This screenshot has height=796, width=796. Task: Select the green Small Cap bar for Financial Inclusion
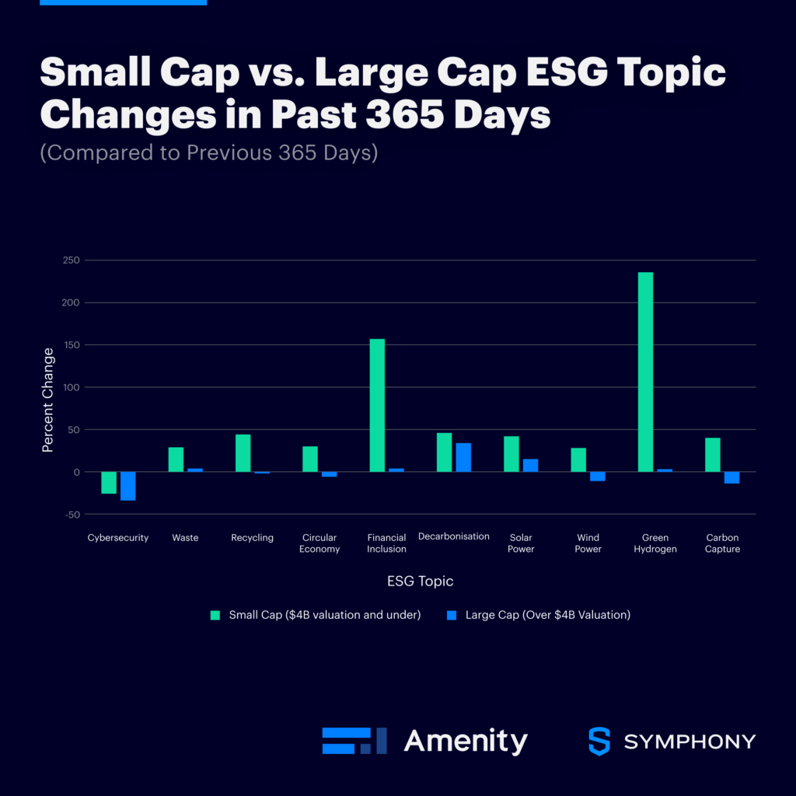point(377,405)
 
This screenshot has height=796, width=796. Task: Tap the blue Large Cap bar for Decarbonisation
point(463,457)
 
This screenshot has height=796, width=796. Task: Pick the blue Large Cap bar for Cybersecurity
point(127,486)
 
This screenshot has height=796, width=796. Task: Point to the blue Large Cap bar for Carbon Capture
point(731,477)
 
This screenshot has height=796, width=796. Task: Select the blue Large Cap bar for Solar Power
point(530,465)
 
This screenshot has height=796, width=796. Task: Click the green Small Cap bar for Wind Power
point(578,459)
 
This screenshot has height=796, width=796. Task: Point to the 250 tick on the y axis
point(70,260)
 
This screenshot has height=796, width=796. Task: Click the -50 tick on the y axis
point(72,515)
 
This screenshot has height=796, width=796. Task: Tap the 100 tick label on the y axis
point(72,387)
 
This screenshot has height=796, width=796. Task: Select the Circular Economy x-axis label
point(319,543)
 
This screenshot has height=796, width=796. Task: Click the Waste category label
point(185,538)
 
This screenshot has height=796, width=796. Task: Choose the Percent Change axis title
point(48,400)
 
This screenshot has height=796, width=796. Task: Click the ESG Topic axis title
point(420,581)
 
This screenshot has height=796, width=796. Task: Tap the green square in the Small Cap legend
point(216,615)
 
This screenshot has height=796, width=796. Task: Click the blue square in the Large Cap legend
point(452,615)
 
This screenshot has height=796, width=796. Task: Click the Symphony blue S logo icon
point(599,742)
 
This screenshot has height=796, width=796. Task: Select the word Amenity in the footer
point(466,741)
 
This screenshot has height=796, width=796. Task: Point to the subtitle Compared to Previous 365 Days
point(209,152)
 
